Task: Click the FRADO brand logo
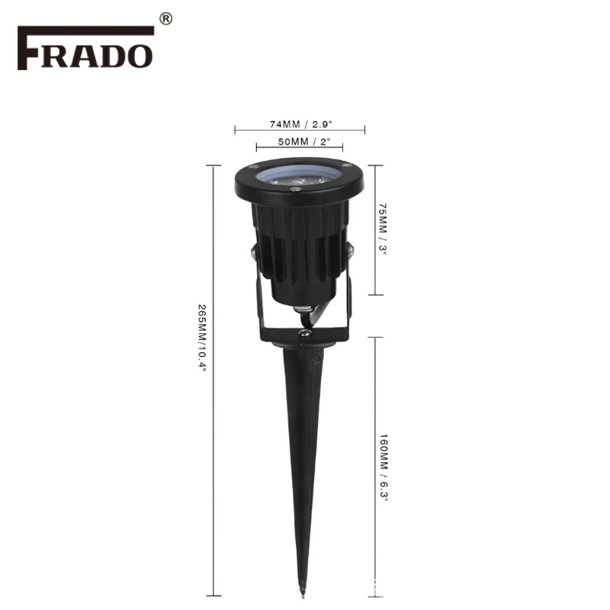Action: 85,48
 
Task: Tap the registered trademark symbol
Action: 166,18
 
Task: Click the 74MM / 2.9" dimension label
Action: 301,124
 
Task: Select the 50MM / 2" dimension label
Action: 303,142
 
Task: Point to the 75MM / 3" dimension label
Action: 383,229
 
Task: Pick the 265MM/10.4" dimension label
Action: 202,338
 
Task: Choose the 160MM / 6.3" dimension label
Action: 384,467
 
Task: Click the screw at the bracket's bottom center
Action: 304,332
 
